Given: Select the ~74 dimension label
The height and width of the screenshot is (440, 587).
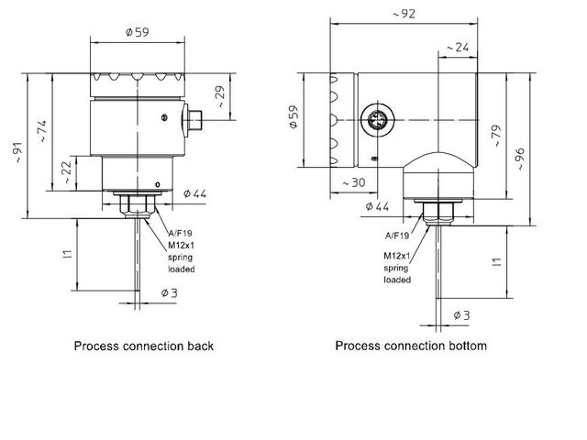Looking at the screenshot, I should click(x=42, y=129).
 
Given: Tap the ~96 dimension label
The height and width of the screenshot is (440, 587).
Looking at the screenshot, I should click(x=520, y=158).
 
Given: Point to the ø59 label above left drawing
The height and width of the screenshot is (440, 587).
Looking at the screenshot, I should click(x=137, y=33).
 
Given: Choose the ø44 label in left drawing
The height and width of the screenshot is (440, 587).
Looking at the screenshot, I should click(x=194, y=194).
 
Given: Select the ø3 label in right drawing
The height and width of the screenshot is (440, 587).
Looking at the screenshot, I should click(x=460, y=315).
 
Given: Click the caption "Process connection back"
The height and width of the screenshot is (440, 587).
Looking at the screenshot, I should click(x=144, y=346).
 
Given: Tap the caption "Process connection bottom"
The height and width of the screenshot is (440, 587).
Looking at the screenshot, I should click(x=411, y=346).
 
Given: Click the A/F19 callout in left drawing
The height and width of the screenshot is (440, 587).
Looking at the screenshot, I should click(x=180, y=234).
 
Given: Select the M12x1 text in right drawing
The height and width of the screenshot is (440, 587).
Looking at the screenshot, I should click(x=396, y=256).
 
